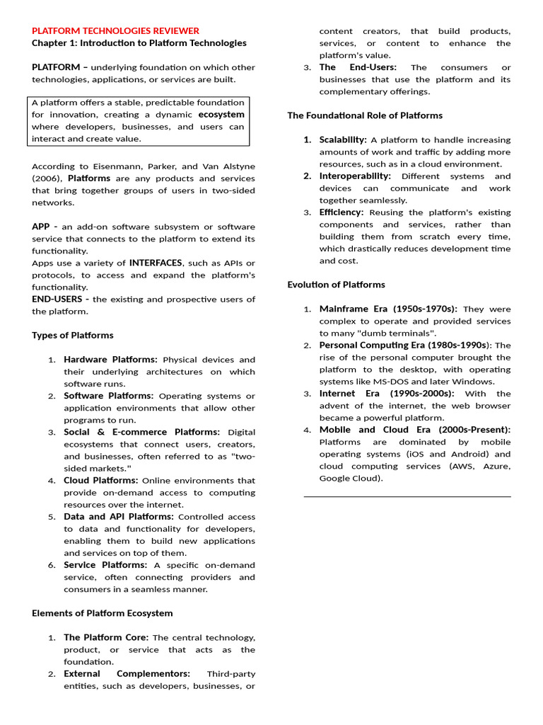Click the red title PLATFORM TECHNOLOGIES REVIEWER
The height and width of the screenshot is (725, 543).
[x=115, y=30]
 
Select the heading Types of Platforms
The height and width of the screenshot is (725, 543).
[x=72, y=335]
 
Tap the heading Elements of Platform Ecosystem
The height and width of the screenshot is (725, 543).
[x=102, y=612]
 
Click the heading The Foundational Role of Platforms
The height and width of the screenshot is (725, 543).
[x=365, y=115]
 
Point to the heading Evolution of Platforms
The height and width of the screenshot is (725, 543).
[x=336, y=284]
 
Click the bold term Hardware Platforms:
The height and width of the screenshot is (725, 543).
[x=110, y=360]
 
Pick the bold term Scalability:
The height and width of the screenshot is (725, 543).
[x=343, y=139]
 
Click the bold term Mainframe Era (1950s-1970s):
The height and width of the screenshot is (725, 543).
[x=388, y=309]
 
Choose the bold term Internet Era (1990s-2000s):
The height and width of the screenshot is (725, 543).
[x=387, y=393]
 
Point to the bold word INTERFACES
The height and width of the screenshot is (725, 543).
[x=156, y=263]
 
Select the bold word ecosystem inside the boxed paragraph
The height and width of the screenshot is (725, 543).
[x=221, y=114]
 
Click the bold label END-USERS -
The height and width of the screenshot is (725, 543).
[x=60, y=299]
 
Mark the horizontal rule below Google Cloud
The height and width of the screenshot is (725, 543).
[x=407, y=496]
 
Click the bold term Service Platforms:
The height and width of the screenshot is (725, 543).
[x=105, y=564]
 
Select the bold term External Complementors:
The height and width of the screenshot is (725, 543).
[x=127, y=673]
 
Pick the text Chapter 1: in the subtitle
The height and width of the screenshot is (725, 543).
[x=54, y=42]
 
